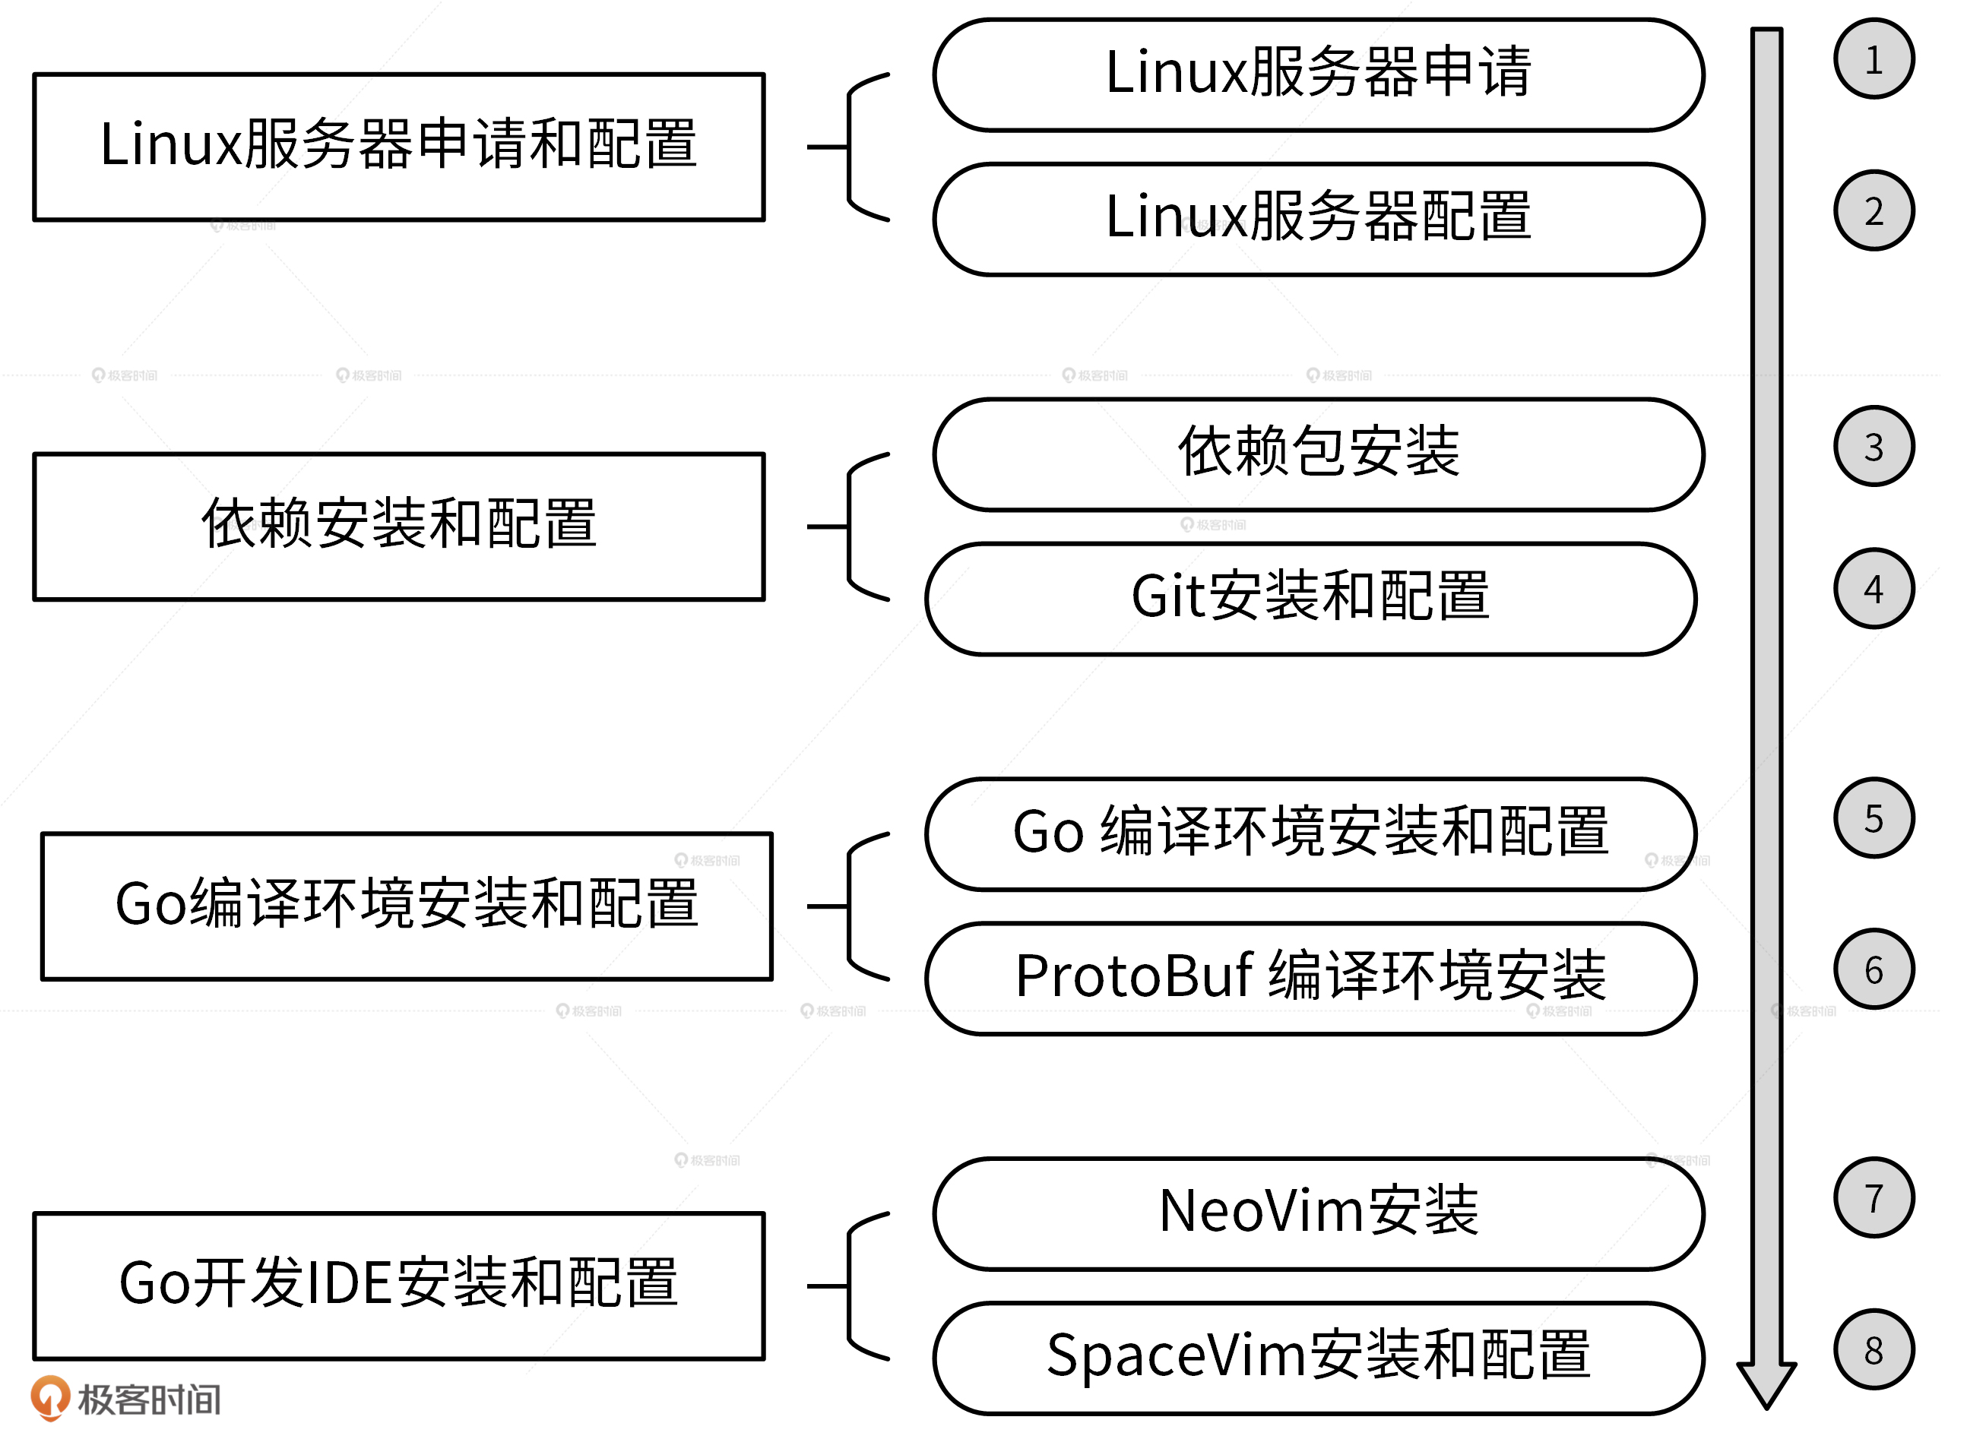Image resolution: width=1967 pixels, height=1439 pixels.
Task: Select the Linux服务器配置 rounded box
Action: [1318, 219]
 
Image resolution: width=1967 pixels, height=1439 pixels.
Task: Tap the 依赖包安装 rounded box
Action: [1318, 454]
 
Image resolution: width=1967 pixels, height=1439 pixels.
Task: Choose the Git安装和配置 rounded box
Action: [1310, 599]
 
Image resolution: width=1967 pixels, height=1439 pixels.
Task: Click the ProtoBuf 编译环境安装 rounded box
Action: [1310, 979]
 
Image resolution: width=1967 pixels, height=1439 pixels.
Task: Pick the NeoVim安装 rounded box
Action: [1318, 1213]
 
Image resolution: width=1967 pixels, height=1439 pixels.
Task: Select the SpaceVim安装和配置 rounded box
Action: [1318, 1358]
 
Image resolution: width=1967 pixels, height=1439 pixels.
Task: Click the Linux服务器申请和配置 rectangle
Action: [399, 147]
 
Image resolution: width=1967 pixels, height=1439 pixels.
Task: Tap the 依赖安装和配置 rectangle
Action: [399, 526]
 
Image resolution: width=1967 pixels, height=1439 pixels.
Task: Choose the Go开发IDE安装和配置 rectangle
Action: [399, 1286]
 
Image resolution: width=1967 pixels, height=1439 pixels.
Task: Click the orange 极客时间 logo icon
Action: [49, 1396]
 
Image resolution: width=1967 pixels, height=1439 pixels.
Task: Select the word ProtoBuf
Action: [1133, 976]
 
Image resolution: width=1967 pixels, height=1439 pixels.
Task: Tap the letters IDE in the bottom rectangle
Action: [347, 1284]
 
